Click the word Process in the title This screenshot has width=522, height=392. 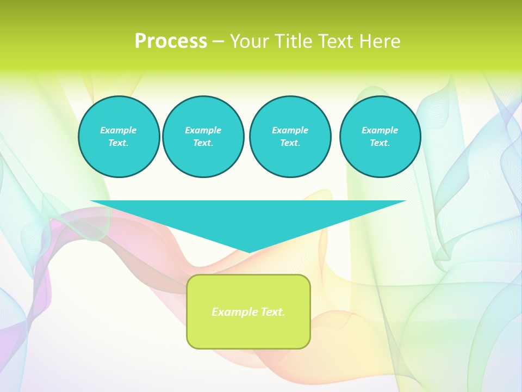coord(171,41)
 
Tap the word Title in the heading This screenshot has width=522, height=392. coord(293,41)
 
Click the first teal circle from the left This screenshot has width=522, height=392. coord(119,137)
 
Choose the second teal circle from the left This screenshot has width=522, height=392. coord(203,137)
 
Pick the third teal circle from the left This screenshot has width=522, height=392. coord(290,137)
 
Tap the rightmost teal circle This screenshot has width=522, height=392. coord(380,137)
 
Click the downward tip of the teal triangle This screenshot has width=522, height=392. coord(249,252)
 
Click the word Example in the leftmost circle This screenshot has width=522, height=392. coord(119,130)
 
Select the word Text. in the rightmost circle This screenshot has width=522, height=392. coord(380,143)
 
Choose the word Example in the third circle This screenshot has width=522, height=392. coord(290,130)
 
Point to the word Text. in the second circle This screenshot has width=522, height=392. coord(203,143)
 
